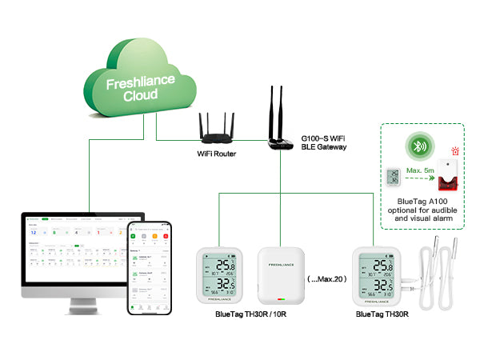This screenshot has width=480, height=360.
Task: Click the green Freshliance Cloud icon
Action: [x=139, y=80]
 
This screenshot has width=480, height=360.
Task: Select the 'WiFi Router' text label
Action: [x=218, y=154]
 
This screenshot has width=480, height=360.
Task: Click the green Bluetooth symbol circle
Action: [x=418, y=148]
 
